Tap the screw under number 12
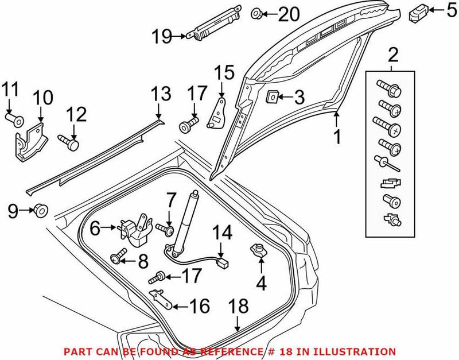[68, 140]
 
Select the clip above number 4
[258, 250]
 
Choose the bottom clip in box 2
[390, 218]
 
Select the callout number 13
[161, 94]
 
